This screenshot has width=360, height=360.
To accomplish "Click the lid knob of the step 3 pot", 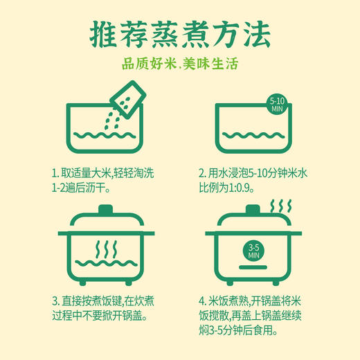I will [104, 208].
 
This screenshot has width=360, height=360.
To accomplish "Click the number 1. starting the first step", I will [55, 172].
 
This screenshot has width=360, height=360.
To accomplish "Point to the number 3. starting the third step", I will [55, 301].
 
